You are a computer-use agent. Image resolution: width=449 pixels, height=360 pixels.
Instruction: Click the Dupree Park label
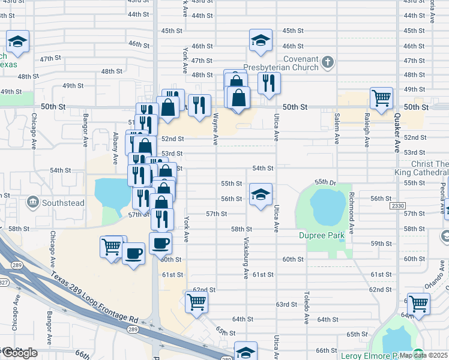tap(322, 235)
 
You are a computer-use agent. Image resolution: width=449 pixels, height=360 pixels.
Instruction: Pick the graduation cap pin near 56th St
tap(260, 194)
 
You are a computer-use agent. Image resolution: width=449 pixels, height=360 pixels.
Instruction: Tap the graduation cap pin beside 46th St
tap(260, 40)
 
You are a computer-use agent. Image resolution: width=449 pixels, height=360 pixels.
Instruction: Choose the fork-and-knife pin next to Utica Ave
tap(269, 82)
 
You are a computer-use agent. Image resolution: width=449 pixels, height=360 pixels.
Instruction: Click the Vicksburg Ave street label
tap(246, 262)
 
